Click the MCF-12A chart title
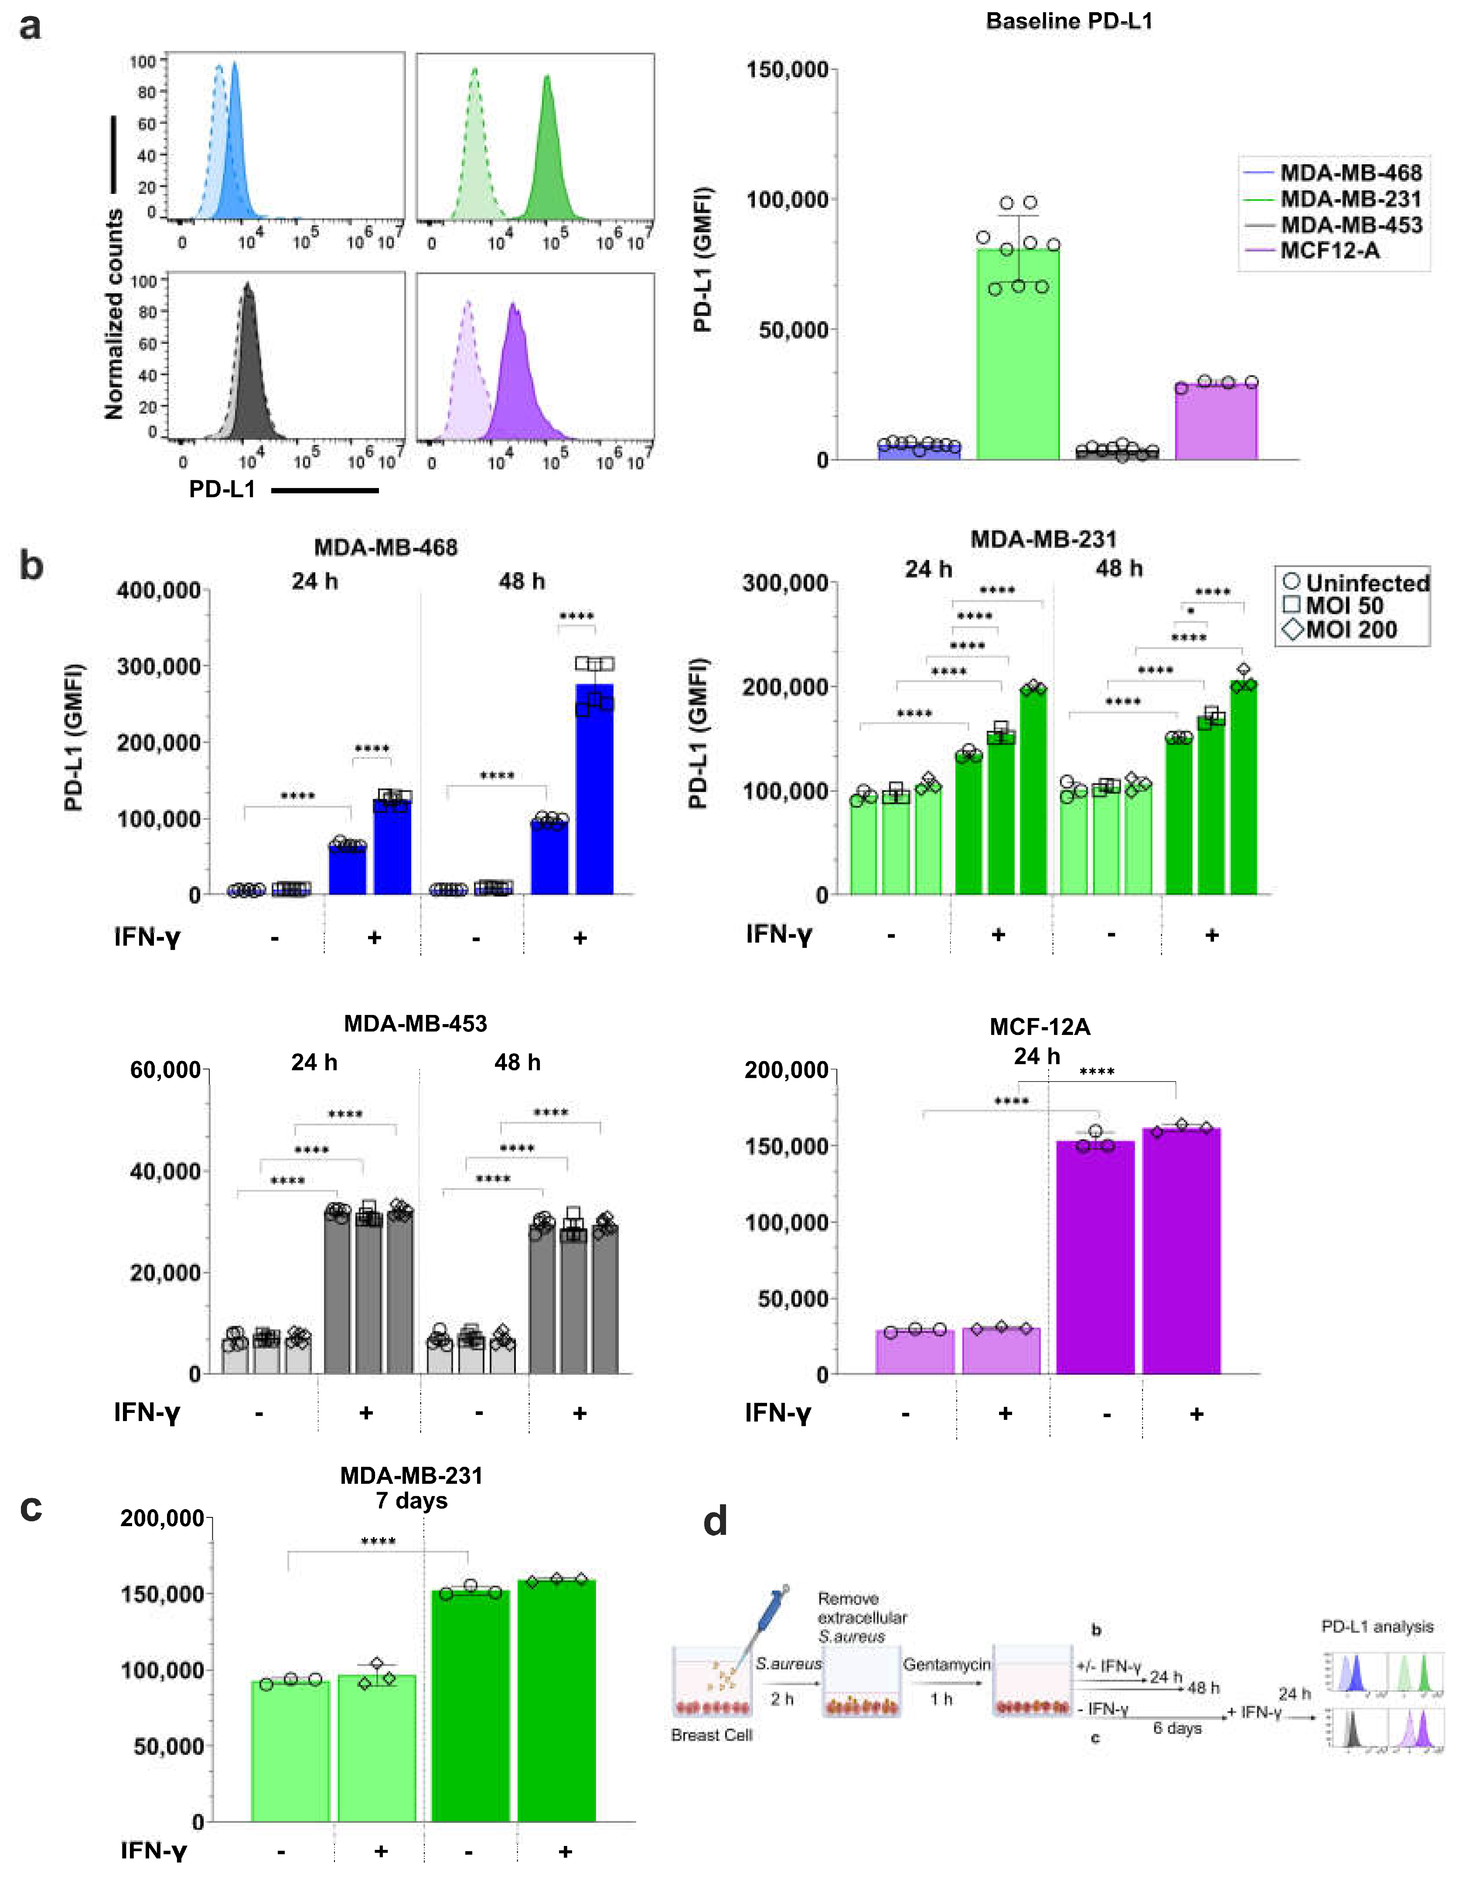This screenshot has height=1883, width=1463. [x=1040, y=1027]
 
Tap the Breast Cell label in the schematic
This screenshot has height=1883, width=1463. [x=712, y=1735]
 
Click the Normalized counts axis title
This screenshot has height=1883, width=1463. [x=114, y=315]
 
